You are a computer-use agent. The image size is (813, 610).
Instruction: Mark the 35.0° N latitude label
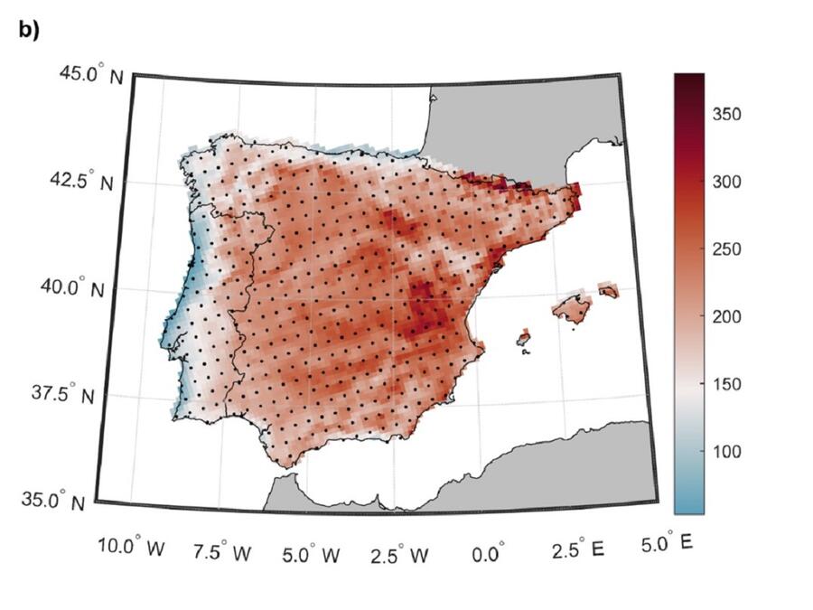(58, 502)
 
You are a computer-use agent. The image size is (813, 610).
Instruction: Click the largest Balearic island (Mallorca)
(571, 310)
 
